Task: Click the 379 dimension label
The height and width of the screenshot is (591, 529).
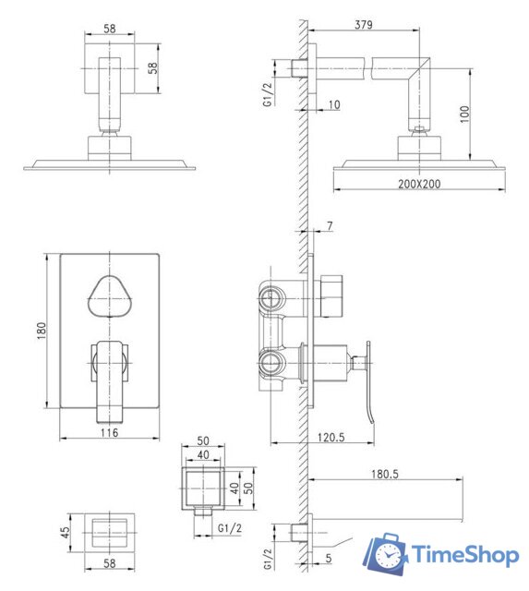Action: click(x=364, y=25)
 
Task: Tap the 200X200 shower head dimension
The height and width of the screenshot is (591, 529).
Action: click(x=419, y=184)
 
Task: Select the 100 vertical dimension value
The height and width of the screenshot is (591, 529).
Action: click(x=465, y=114)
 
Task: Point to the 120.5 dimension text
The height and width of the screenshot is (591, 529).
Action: click(x=331, y=437)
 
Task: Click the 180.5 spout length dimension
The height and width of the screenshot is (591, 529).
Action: click(x=385, y=474)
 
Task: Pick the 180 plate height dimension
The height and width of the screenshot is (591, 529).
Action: click(x=42, y=331)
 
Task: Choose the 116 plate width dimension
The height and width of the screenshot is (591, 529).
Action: click(x=109, y=432)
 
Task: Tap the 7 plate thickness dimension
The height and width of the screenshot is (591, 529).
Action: click(x=331, y=225)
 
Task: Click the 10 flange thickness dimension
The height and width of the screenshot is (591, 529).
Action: click(x=334, y=104)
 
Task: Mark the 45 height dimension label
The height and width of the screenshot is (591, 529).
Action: click(x=65, y=532)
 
